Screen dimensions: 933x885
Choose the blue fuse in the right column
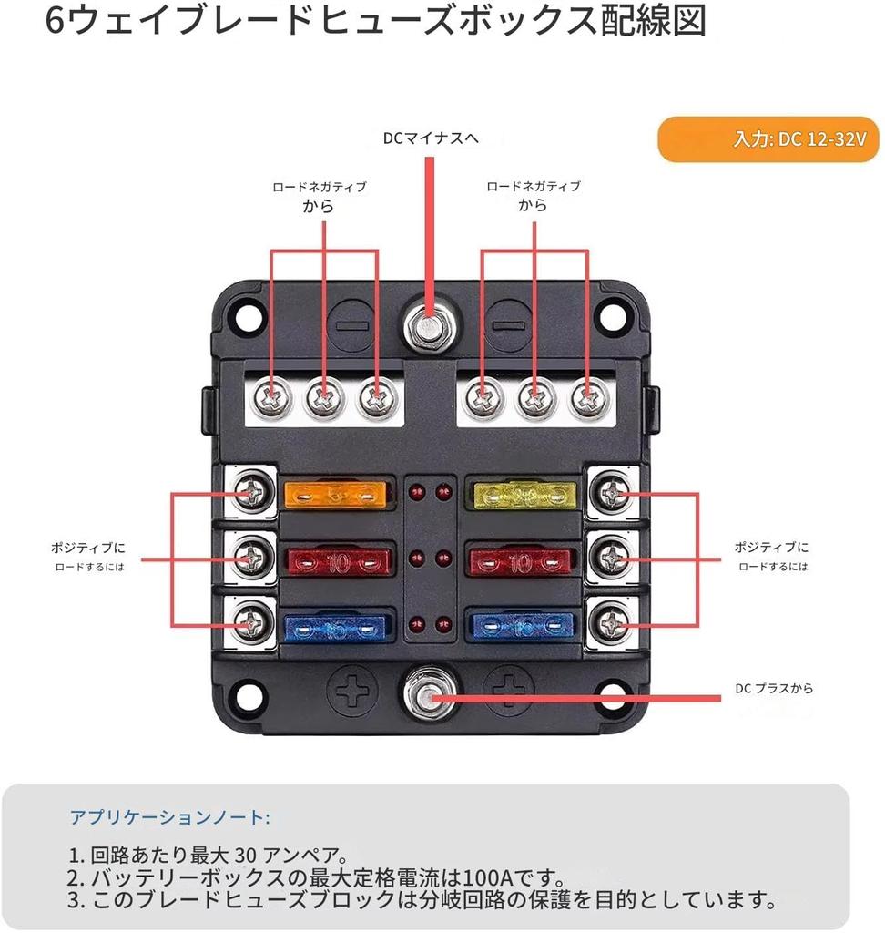click(x=523, y=625)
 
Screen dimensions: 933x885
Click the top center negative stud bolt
click(x=425, y=323)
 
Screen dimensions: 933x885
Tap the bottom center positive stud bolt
click(x=425, y=697)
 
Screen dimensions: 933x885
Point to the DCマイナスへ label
click(x=430, y=138)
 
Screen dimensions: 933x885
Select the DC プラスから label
click(x=774, y=689)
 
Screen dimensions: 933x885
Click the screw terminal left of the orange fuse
click(x=251, y=493)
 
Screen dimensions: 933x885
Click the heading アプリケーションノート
click(x=169, y=816)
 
